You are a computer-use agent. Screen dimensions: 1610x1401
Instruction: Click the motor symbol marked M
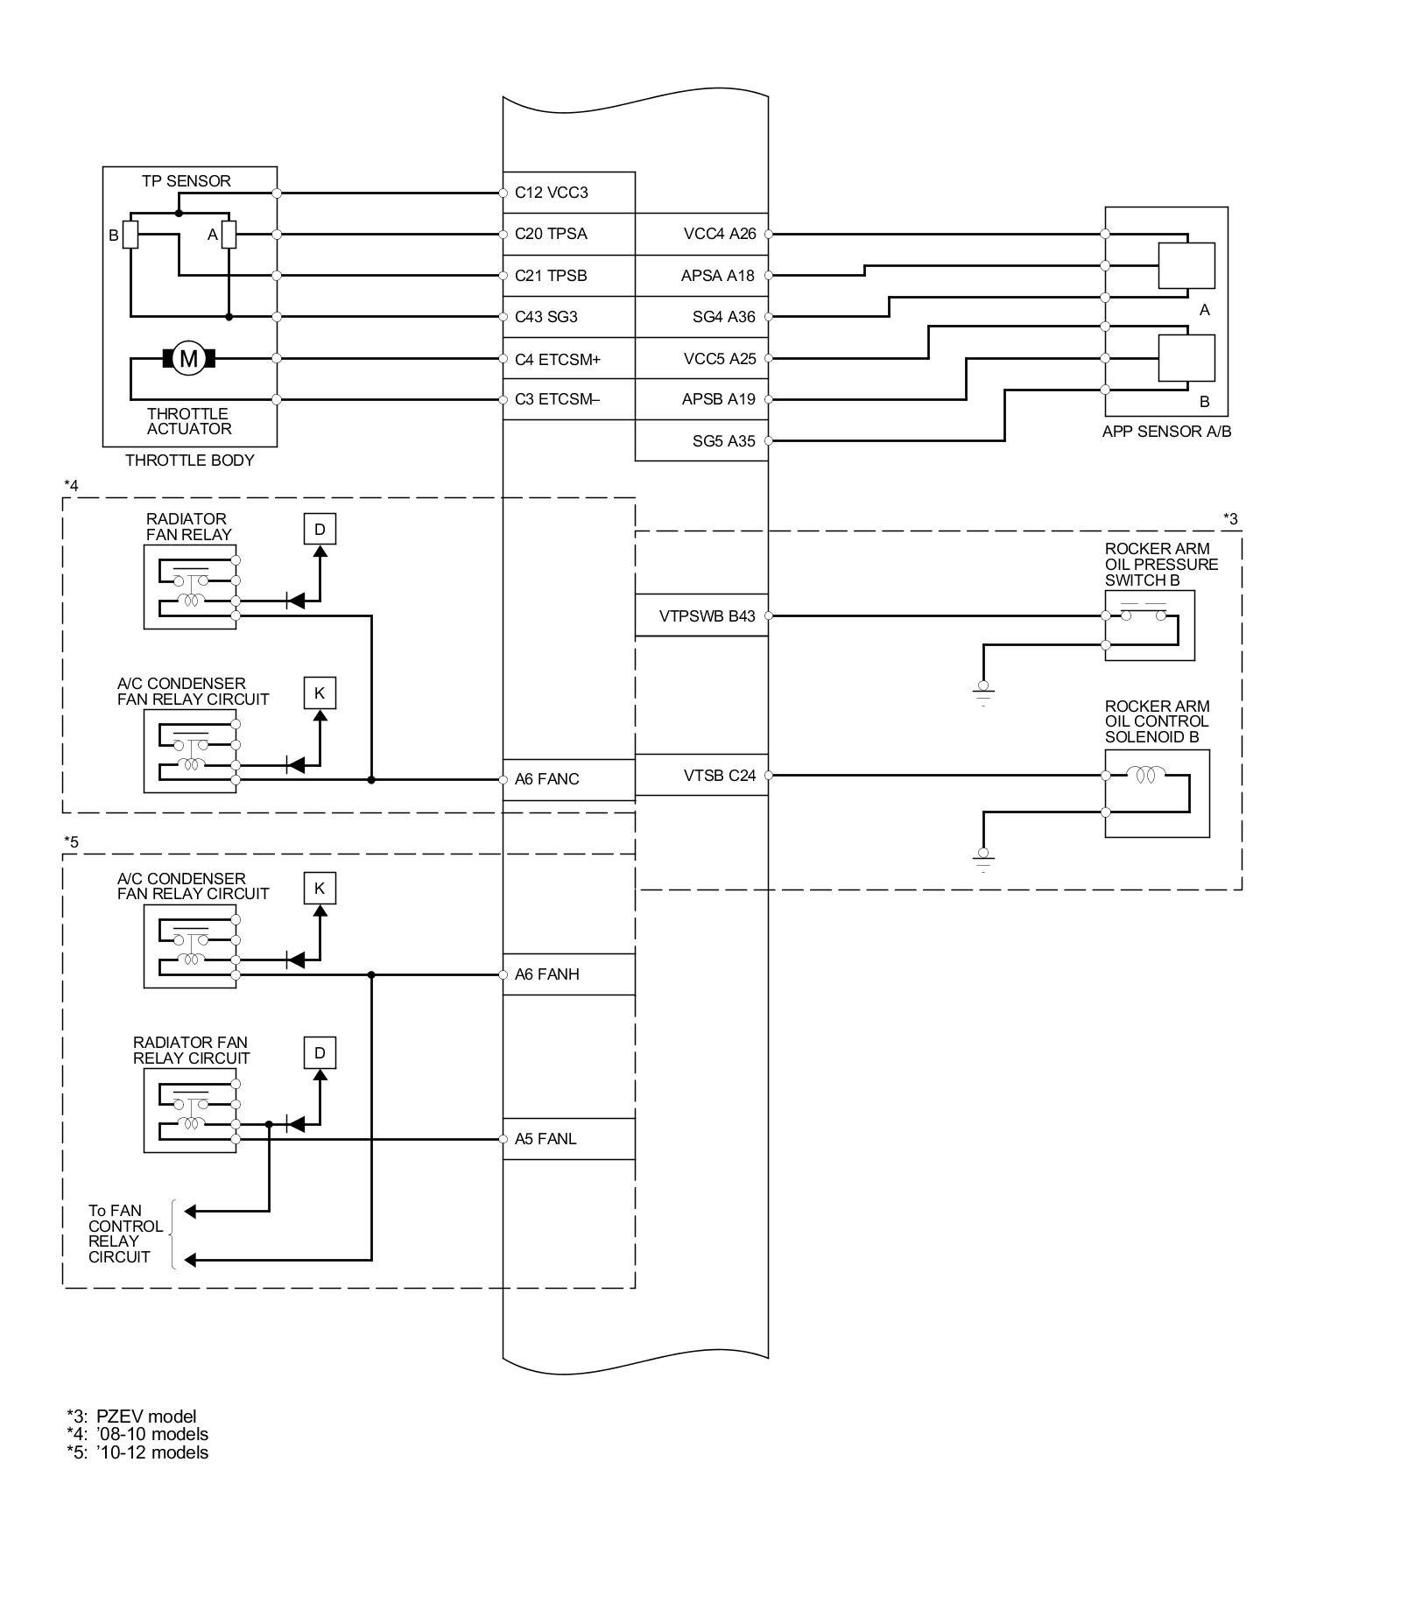pyautogui.click(x=188, y=358)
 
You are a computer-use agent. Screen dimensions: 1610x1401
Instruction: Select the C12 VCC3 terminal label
pyautogui.click(x=551, y=193)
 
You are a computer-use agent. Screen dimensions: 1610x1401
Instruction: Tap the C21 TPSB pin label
pyautogui.click(x=550, y=276)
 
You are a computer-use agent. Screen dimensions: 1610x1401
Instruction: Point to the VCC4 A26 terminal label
pyautogui.click(x=719, y=234)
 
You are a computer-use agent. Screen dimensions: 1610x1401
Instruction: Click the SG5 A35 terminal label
pyautogui.click(x=723, y=441)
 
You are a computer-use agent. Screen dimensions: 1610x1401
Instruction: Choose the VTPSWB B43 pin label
pyautogui.click(x=707, y=616)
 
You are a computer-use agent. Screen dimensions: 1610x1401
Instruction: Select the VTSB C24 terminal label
pyautogui.click(x=719, y=776)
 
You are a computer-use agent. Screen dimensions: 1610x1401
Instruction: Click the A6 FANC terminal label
pyautogui.click(x=546, y=779)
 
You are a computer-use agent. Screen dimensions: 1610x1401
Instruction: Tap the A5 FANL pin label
pyautogui.click(x=545, y=1139)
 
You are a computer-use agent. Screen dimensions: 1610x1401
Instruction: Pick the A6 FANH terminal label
pyautogui.click(x=546, y=974)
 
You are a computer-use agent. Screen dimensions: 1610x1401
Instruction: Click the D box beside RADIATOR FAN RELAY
pyautogui.click(x=320, y=529)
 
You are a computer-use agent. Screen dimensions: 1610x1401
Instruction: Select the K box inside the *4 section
pyautogui.click(x=320, y=693)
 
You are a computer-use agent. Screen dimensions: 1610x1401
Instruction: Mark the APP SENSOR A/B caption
pyautogui.click(x=1166, y=432)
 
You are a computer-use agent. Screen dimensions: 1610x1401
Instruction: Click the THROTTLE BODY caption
pyautogui.click(x=189, y=461)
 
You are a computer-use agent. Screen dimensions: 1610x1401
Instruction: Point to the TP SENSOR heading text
pyautogui.click(x=187, y=181)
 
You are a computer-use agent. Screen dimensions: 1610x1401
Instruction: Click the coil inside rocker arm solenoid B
pyautogui.click(x=1144, y=776)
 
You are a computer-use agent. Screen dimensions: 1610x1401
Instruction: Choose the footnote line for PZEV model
pyautogui.click(x=131, y=1417)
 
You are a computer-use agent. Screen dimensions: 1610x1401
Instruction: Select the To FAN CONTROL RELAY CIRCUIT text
pyautogui.click(x=125, y=1234)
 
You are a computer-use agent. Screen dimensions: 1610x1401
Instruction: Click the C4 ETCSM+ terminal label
pyautogui.click(x=557, y=359)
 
